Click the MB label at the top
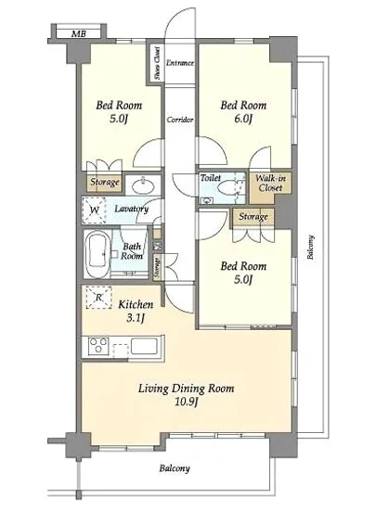click(x=79, y=33)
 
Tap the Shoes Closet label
click(x=157, y=63)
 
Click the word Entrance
click(x=180, y=63)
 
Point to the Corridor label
click(x=180, y=120)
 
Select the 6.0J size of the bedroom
click(x=243, y=119)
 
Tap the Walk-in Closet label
click(x=270, y=183)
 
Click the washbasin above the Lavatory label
click(x=143, y=186)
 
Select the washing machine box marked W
click(x=94, y=210)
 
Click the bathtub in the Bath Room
click(x=97, y=254)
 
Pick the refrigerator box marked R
click(x=98, y=298)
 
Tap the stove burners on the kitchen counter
click(x=98, y=346)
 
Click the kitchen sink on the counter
click(x=144, y=346)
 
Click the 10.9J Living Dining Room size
click(x=187, y=402)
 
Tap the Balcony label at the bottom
click(x=175, y=468)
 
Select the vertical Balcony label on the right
click(x=311, y=248)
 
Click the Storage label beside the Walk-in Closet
click(x=253, y=217)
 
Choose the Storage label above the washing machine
click(x=105, y=182)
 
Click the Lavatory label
click(x=132, y=209)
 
